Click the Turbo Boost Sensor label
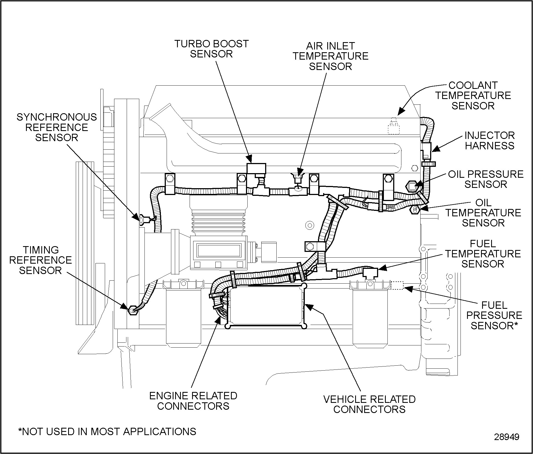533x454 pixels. (x=211, y=49)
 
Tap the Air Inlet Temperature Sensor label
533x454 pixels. (x=331, y=56)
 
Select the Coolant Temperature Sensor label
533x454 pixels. (x=473, y=95)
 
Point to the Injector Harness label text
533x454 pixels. (x=489, y=141)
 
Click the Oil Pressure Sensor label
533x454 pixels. (x=486, y=179)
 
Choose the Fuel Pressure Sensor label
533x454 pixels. (x=494, y=315)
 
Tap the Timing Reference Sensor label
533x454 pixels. (x=40, y=260)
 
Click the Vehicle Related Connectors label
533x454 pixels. (x=369, y=404)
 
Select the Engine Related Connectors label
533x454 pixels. (x=193, y=401)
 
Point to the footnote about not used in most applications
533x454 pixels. (x=107, y=431)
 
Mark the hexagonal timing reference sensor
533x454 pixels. (x=132, y=310)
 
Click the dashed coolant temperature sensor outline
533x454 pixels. (x=394, y=126)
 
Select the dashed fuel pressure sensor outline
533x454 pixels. (x=397, y=286)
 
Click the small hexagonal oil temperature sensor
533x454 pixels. (x=415, y=210)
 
